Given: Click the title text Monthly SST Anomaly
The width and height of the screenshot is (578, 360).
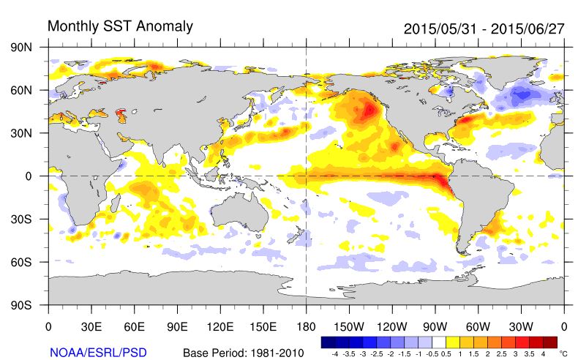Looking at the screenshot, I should click(120, 26).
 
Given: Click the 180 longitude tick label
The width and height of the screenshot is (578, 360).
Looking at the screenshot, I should click(306, 326).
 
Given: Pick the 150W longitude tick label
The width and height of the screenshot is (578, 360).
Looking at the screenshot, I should click(349, 326).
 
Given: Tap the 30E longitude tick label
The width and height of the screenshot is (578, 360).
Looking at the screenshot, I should click(91, 326).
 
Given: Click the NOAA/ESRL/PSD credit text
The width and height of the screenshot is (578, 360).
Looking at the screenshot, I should click(98, 353).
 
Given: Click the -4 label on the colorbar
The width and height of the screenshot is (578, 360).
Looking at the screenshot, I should click(335, 353).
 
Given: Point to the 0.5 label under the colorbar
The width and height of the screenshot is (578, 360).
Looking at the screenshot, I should click(446, 353).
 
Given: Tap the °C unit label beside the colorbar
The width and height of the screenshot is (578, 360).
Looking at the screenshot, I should click(563, 352).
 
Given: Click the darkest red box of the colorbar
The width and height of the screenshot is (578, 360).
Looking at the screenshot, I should click(549, 342).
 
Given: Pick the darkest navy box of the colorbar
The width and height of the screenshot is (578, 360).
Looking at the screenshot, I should click(329, 342).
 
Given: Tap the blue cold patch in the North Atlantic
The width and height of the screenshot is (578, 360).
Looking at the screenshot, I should click(521, 94).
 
